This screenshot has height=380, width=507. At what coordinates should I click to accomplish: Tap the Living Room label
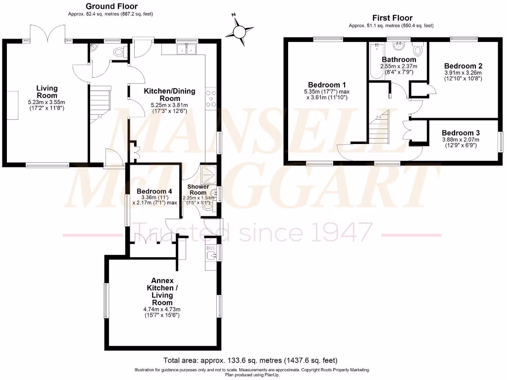[47, 92]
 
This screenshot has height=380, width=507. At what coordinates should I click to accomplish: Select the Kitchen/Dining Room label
[169, 94]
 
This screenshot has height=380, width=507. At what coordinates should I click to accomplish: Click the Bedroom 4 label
[154, 191]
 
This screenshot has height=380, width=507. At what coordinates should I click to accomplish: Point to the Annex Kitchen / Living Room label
[162, 292]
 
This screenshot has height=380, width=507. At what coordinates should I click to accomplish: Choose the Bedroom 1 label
[327, 84]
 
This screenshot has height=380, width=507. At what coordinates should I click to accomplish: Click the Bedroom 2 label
[463, 66]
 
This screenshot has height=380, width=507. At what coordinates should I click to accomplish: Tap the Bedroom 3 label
[460, 133]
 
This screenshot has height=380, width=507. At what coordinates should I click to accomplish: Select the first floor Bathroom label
[399, 59]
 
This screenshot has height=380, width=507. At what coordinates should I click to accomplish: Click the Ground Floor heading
[111, 6]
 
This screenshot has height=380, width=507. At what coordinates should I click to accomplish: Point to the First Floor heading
[392, 17]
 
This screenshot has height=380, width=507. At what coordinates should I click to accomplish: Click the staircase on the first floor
[378, 128]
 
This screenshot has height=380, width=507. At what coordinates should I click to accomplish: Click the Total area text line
[250, 360]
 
